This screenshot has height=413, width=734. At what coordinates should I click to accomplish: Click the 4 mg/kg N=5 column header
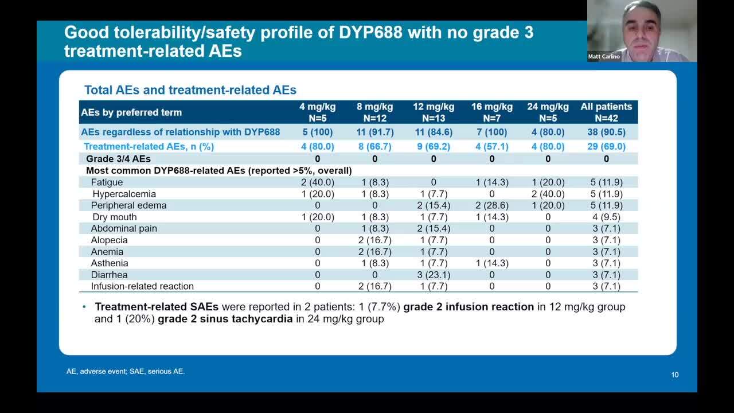coord(317,112)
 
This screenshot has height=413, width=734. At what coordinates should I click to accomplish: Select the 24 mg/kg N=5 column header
coord(548,112)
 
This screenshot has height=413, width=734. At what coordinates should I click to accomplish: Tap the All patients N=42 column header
coord(606,112)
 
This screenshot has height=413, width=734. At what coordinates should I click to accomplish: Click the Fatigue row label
coord(107,182)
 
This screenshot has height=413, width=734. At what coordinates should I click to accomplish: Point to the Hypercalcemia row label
coord(124,194)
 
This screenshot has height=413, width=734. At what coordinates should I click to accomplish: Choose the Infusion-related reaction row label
coord(142,286)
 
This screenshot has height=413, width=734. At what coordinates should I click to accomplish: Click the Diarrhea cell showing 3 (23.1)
coord(433,275)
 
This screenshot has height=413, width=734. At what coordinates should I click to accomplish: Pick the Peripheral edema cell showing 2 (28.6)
coord(491,205)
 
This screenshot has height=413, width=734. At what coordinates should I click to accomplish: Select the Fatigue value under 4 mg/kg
coord(317,182)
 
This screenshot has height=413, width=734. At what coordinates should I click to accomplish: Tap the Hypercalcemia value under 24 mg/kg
coord(548,194)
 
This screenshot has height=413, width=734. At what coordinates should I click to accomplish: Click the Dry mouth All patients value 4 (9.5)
coord(606,217)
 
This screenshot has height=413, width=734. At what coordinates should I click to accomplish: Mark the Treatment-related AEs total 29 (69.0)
coord(606,146)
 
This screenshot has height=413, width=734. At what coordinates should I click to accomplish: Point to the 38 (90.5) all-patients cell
coord(606,132)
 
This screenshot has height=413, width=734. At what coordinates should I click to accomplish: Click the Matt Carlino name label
coord(604,57)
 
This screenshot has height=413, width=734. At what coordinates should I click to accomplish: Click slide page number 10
coord(675,375)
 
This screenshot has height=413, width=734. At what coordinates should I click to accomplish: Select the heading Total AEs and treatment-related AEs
coord(190,90)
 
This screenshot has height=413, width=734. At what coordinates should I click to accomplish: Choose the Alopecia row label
coord(109,240)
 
